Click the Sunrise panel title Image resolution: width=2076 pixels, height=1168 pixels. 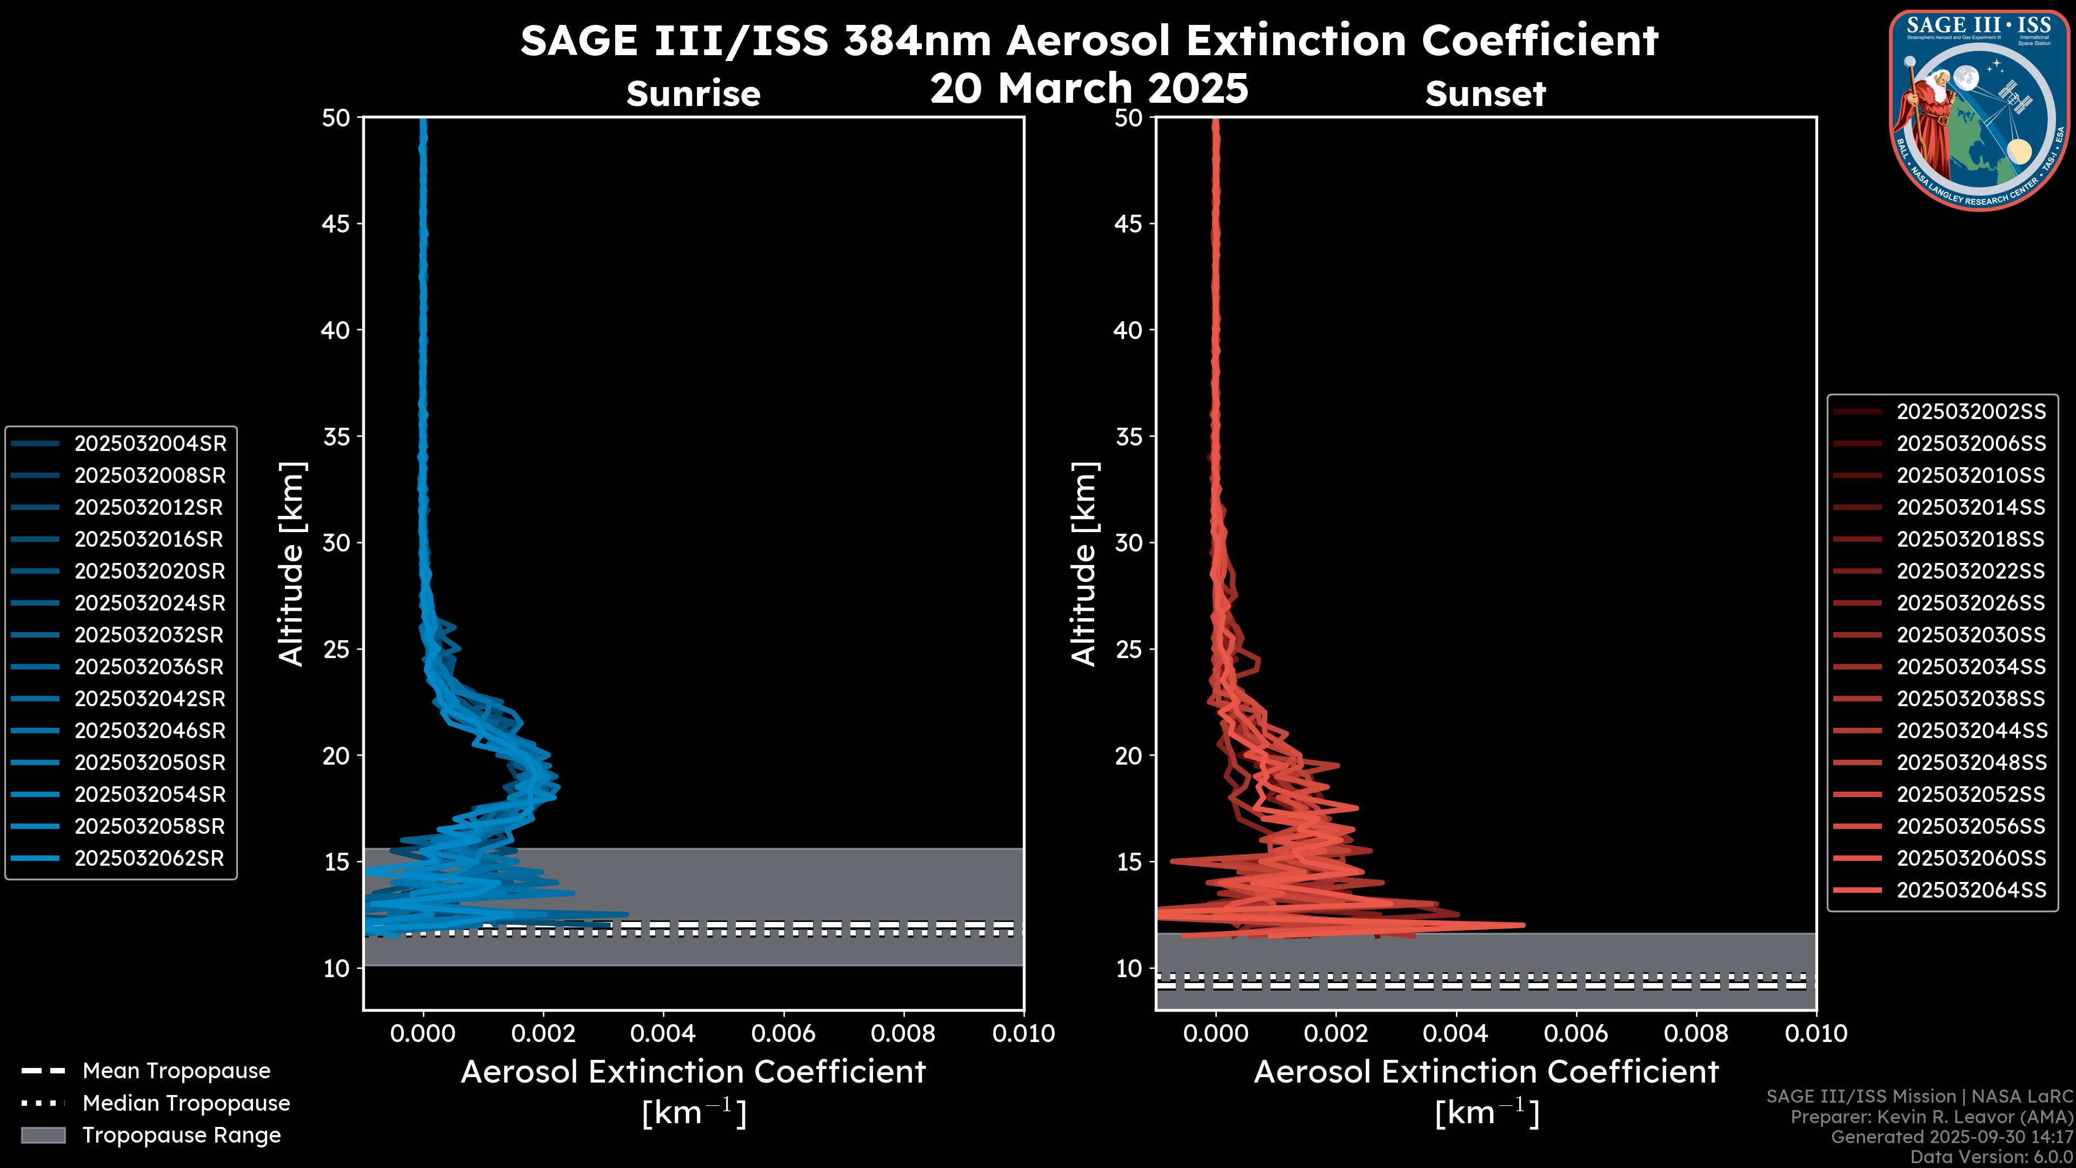coord(693,94)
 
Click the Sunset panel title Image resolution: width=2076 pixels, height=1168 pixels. coord(1485,94)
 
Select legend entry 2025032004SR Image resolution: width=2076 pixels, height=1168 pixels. coord(150,443)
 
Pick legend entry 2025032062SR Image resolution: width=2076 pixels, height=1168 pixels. coord(149,859)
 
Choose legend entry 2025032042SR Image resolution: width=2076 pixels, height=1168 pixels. coord(150,699)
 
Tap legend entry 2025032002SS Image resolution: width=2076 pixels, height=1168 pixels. coord(1971,412)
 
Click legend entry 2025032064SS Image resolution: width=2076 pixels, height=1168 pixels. coord(1971,890)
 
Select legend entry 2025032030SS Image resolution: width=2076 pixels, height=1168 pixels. coord(1971,635)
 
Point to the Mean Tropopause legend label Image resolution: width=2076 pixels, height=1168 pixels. coord(176,1071)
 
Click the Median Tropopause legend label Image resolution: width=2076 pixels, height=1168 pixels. coord(186,1104)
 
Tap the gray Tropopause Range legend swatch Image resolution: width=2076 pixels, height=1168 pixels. coord(43,1135)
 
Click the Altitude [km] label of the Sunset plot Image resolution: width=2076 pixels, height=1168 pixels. coord(1084,564)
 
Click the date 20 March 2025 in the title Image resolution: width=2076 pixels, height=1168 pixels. coord(1089,88)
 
